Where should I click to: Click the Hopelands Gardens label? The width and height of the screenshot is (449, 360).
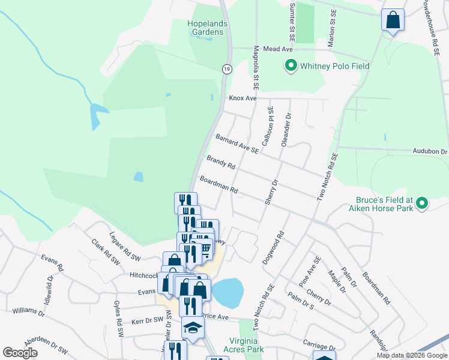point(209,28)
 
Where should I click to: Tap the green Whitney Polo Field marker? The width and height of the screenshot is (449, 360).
point(291,65)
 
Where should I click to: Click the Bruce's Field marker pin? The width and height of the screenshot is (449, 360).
point(421,204)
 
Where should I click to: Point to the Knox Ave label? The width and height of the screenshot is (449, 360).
point(242,98)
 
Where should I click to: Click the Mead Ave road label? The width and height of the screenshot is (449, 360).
point(277,50)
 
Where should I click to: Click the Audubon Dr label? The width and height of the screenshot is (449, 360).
point(430,152)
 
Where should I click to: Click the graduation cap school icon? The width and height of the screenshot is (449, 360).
point(193,327)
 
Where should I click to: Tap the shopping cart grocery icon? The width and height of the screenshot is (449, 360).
point(204,248)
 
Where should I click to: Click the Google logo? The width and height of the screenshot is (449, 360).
point(20,353)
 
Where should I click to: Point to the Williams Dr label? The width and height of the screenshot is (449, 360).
point(28,311)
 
